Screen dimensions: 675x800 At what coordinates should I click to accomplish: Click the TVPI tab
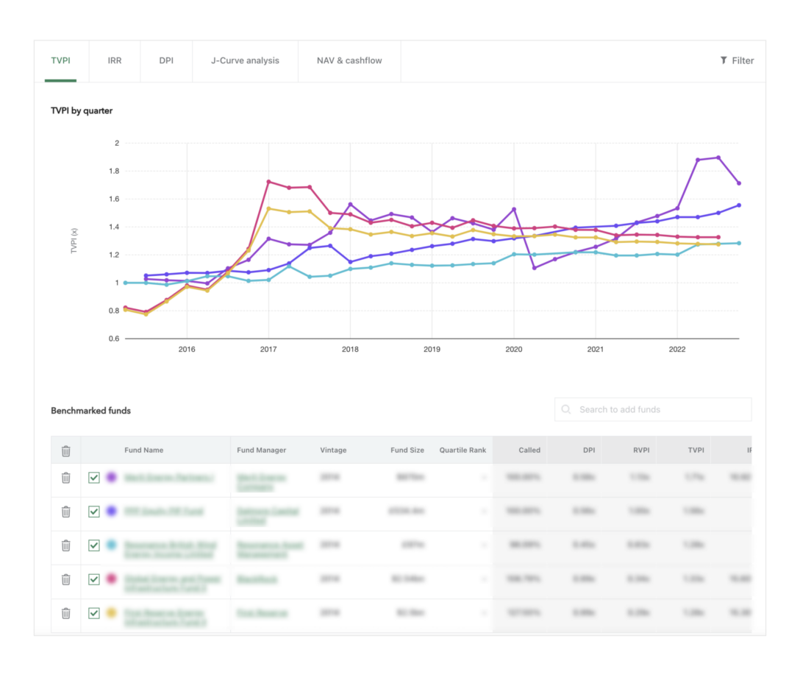coord(61,60)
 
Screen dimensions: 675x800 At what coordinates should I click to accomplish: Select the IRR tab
coord(114,60)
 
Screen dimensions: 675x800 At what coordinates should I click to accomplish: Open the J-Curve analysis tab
coord(245,60)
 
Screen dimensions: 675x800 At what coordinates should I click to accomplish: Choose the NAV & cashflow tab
coord(349,60)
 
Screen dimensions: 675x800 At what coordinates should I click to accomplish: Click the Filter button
coord(737,60)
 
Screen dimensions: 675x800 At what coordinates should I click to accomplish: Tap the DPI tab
coord(166,60)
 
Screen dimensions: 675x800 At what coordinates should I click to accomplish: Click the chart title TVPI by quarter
coord(82,111)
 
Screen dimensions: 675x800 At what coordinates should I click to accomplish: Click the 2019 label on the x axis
coord(432,350)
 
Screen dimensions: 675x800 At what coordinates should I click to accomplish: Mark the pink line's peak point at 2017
coord(268,182)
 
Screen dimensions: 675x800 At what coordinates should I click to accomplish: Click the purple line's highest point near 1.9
coord(718,158)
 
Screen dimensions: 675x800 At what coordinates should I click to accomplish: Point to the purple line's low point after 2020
coord(534,268)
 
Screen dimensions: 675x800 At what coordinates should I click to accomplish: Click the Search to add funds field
coord(653,409)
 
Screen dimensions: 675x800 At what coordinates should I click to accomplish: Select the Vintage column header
coord(333,450)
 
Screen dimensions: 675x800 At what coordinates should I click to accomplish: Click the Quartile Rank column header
coord(463,450)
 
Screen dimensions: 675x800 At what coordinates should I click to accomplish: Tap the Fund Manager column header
coord(261,450)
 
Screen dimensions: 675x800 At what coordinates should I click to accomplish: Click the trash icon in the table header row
coord(65,450)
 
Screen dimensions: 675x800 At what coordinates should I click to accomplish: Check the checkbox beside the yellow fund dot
coord(94,613)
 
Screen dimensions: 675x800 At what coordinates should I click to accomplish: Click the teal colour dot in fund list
coord(112,545)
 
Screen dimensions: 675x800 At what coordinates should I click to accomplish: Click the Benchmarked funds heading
coord(90,411)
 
